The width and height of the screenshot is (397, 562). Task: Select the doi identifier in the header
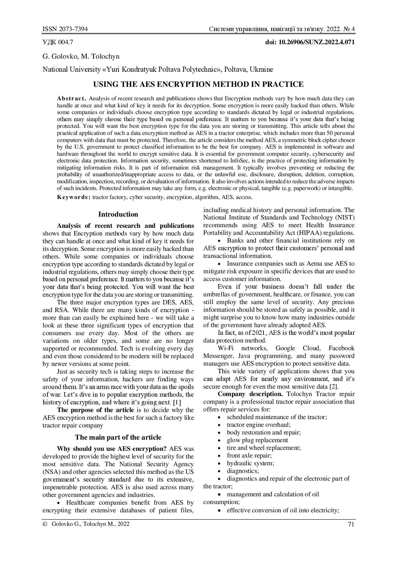(x=310, y=42)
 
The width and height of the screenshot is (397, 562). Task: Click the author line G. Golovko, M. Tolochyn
(x=81, y=56)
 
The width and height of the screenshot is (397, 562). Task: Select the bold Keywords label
(x=74, y=197)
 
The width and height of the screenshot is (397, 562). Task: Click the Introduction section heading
(x=118, y=214)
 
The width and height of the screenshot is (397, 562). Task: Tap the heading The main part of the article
(x=118, y=437)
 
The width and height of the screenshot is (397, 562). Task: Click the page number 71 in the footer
(x=351, y=525)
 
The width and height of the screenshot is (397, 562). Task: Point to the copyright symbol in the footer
(x=45, y=524)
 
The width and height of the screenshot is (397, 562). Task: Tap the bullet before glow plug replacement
(x=219, y=441)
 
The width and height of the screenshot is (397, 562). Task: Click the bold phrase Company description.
(x=250, y=394)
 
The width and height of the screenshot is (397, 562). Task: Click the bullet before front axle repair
(x=219, y=456)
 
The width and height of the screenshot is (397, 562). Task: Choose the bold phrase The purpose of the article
(x=95, y=410)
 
